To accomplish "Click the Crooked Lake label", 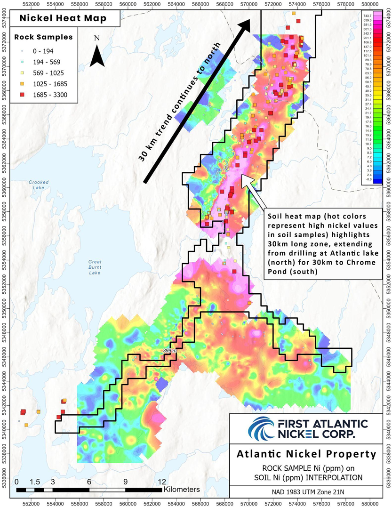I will [x=36, y=185].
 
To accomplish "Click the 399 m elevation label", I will [x=169, y=351].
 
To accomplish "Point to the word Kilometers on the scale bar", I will [x=182, y=490].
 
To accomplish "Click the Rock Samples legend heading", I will [x=43, y=37].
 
